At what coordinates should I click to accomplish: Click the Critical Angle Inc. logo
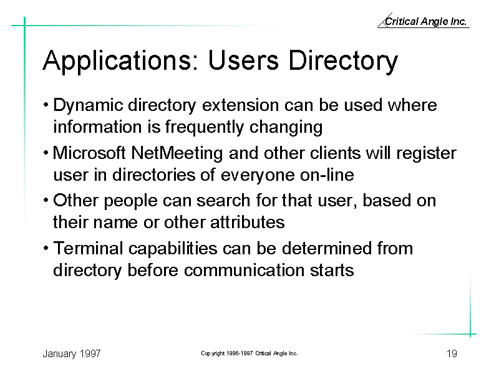(424, 21)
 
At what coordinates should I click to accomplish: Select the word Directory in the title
(343, 61)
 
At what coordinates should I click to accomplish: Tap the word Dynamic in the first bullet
(88, 105)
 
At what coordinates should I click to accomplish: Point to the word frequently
(205, 127)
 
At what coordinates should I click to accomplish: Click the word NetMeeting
(177, 153)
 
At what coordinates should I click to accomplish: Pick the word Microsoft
(89, 153)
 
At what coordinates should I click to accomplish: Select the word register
(426, 154)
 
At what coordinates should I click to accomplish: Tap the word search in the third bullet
(223, 201)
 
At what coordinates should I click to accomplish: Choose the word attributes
(247, 222)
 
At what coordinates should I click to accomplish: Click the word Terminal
(88, 248)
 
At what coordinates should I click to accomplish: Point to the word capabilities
(173, 249)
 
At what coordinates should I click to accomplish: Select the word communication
(244, 271)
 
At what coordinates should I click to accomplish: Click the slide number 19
(452, 353)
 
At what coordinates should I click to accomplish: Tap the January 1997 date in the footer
(72, 354)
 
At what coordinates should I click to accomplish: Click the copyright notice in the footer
(249, 353)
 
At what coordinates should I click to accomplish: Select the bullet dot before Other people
(46, 201)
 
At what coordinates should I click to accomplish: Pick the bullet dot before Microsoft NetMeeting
(46, 153)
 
